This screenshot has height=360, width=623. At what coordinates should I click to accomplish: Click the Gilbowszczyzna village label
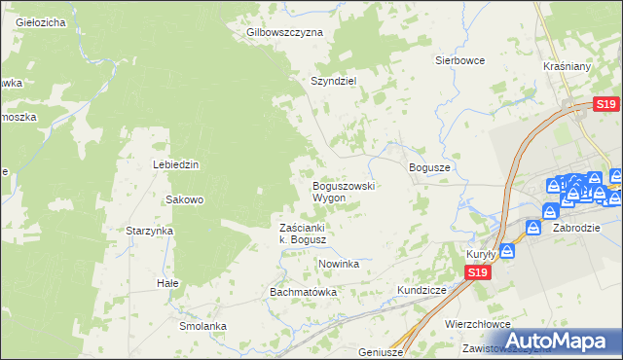pos(284,32)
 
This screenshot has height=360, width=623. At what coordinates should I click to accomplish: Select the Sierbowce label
pos(459,59)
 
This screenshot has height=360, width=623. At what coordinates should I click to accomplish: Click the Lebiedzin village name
pos(175,164)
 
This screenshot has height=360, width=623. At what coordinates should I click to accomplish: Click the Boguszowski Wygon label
pos(343,191)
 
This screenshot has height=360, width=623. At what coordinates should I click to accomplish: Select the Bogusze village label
pos(429,167)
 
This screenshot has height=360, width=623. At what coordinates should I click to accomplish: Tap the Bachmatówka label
pos(303,292)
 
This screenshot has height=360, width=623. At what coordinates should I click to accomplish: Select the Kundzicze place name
pos(421,291)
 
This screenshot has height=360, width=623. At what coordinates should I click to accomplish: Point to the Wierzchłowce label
pos(477,325)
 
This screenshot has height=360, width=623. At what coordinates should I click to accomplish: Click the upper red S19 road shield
pos(605,105)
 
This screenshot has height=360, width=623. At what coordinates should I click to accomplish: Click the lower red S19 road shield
pos(476,274)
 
